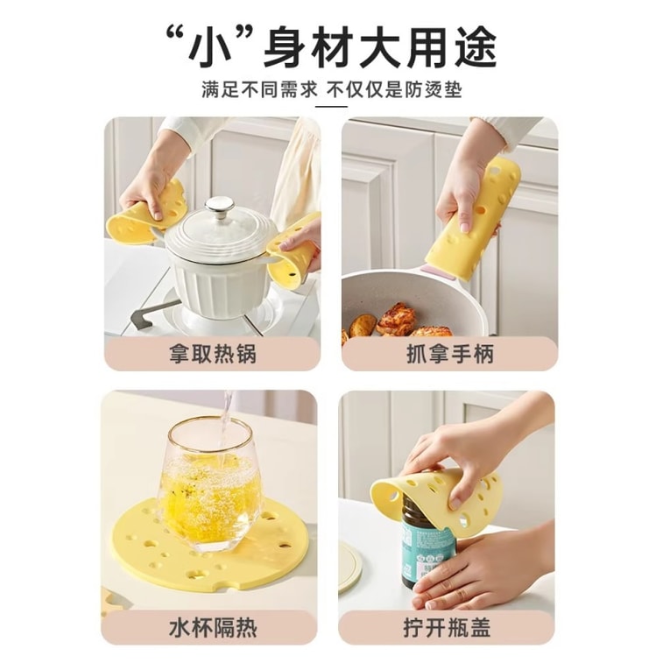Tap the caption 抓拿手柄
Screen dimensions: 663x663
click(x=449, y=355)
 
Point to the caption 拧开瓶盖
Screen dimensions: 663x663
click(x=449, y=628)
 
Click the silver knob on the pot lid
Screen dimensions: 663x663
click(x=219, y=209)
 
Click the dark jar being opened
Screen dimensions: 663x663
click(x=427, y=543)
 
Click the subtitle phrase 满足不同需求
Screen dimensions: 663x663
click(x=258, y=89)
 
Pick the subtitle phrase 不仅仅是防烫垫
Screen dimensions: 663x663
click(x=394, y=89)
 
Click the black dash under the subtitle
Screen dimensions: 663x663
click(x=331, y=106)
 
